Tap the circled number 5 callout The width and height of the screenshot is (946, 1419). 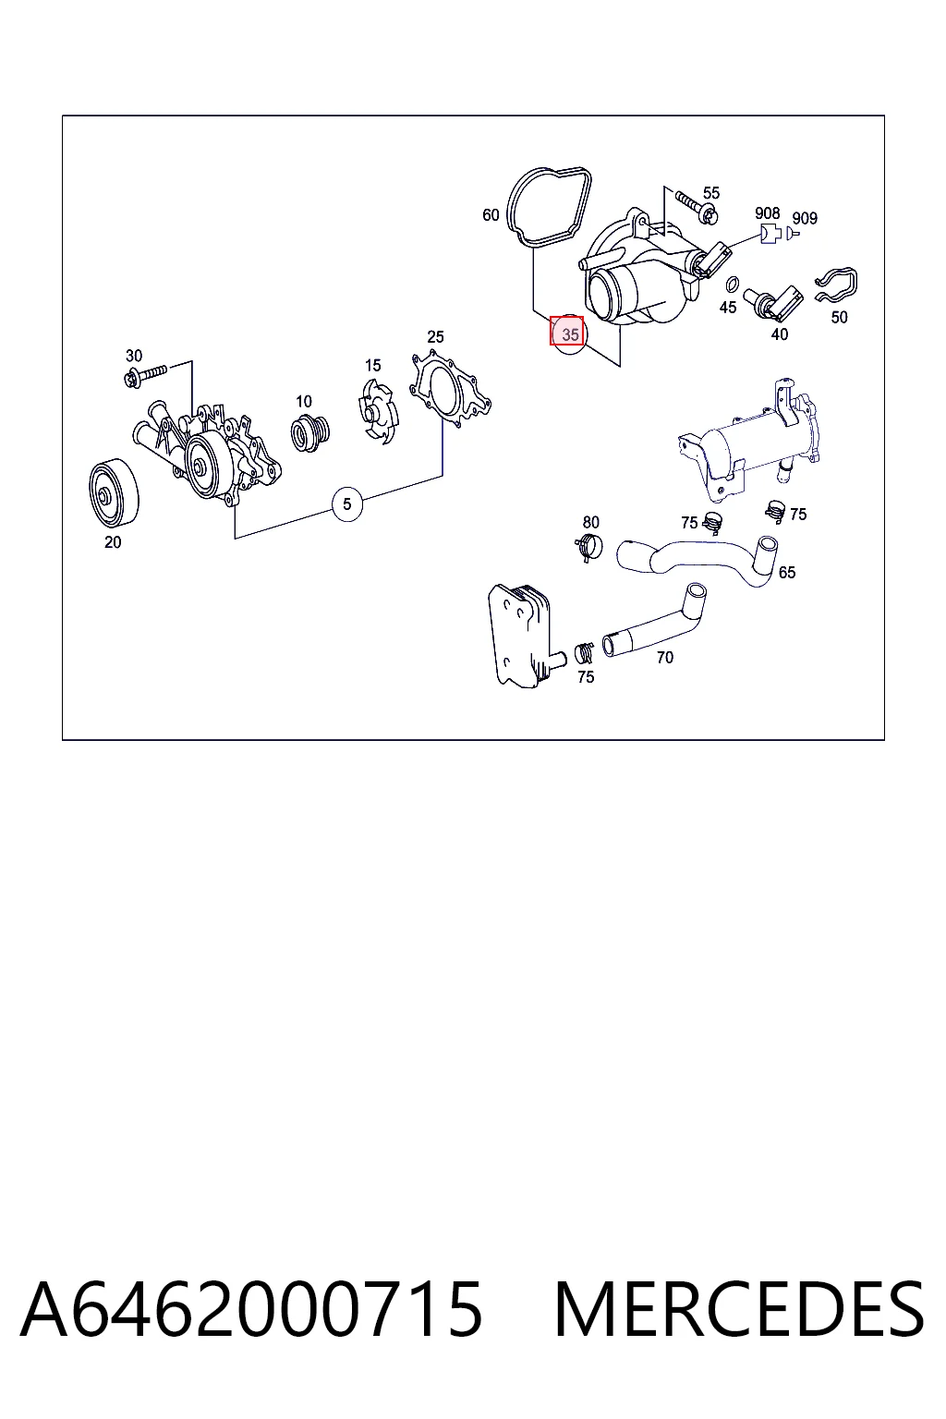point(346,504)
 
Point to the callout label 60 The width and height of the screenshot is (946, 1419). point(491,215)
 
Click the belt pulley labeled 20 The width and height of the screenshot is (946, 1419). point(114,492)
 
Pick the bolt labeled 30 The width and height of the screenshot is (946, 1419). point(145,375)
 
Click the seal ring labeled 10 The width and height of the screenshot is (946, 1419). point(309,432)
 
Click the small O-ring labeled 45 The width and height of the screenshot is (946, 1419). point(732,283)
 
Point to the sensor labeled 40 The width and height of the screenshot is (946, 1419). point(773,303)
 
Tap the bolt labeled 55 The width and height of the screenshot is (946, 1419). point(695,207)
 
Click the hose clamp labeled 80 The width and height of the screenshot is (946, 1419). point(588,547)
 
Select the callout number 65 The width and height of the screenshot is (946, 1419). point(786,573)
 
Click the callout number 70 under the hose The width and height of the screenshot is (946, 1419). point(664,658)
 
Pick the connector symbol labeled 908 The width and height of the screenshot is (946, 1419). point(770,234)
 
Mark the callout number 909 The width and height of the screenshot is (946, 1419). point(805,219)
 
